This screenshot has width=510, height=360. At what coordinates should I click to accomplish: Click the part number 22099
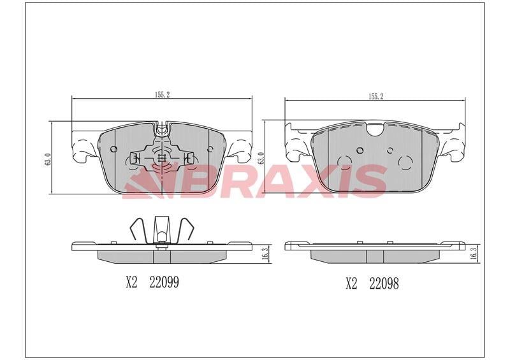[164, 282]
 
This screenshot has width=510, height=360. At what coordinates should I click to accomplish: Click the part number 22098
[384, 284]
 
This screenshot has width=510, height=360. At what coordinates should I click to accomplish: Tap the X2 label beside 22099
[132, 282]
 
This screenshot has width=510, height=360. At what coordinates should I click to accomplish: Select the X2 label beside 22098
[351, 284]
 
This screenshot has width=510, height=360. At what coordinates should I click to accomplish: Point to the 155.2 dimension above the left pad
[162, 95]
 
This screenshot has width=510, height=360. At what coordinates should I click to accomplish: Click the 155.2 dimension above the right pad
[375, 96]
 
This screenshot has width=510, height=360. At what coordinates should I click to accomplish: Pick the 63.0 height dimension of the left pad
[47, 159]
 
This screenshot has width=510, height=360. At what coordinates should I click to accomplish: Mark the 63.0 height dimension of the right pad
[261, 158]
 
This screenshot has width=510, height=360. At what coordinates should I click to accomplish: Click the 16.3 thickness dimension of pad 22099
[265, 254]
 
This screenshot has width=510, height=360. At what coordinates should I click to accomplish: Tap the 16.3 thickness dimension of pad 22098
[474, 253]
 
